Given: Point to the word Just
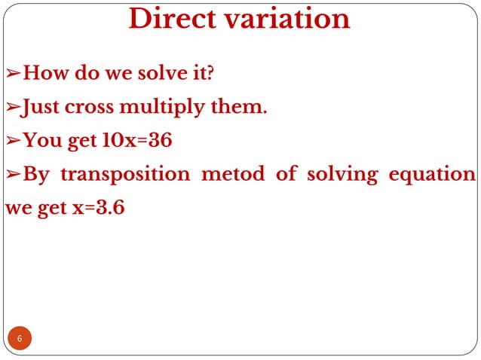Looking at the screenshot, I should [x=42, y=108].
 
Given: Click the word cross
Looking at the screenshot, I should [x=96, y=108].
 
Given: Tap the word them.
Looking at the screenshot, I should [x=242, y=108].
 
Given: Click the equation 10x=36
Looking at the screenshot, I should [x=132, y=141].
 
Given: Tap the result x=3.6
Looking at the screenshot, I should [x=97, y=208].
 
